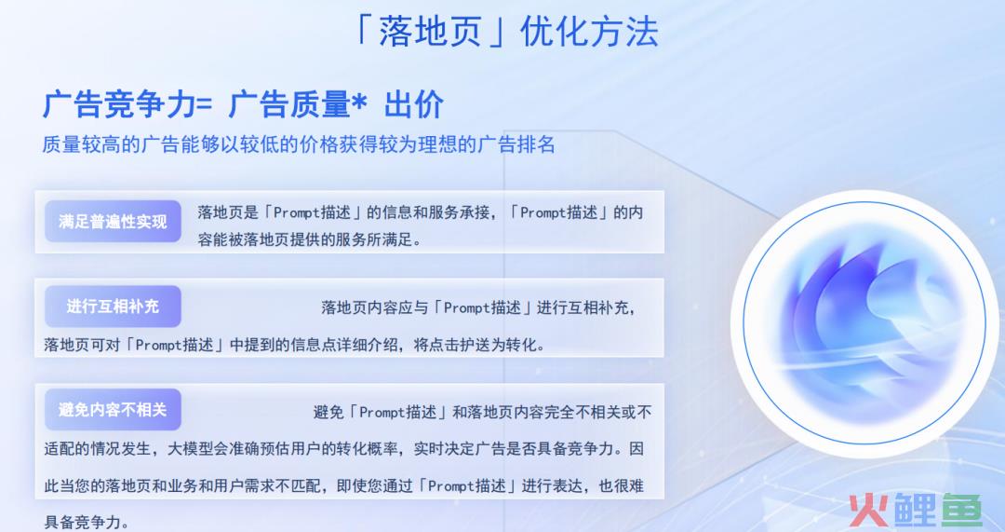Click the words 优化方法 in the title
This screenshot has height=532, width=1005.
click(589, 32)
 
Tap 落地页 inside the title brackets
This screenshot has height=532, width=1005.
click(429, 32)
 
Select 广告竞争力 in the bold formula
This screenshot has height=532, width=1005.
click(118, 104)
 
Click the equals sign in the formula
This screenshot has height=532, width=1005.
click(204, 105)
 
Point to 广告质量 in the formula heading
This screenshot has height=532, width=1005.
click(289, 104)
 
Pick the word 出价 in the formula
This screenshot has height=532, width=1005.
click(414, 104)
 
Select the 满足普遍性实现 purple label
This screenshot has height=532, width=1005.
click(113, 222)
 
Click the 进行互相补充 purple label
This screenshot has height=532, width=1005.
click(113, 307)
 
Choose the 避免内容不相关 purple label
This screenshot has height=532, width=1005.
click(113, 409)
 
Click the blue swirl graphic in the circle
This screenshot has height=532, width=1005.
click(865, 321)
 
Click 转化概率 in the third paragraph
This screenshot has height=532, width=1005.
click(368, 448)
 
